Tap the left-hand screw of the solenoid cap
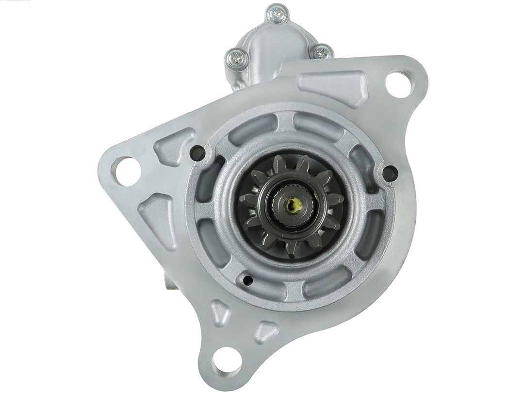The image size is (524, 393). click(236, 59)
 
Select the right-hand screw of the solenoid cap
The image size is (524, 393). click(322, 52)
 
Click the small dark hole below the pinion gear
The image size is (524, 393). click(247, 280)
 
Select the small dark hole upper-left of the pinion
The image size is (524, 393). click(197, 153)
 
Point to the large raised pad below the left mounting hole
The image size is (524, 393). click(158, 219)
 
